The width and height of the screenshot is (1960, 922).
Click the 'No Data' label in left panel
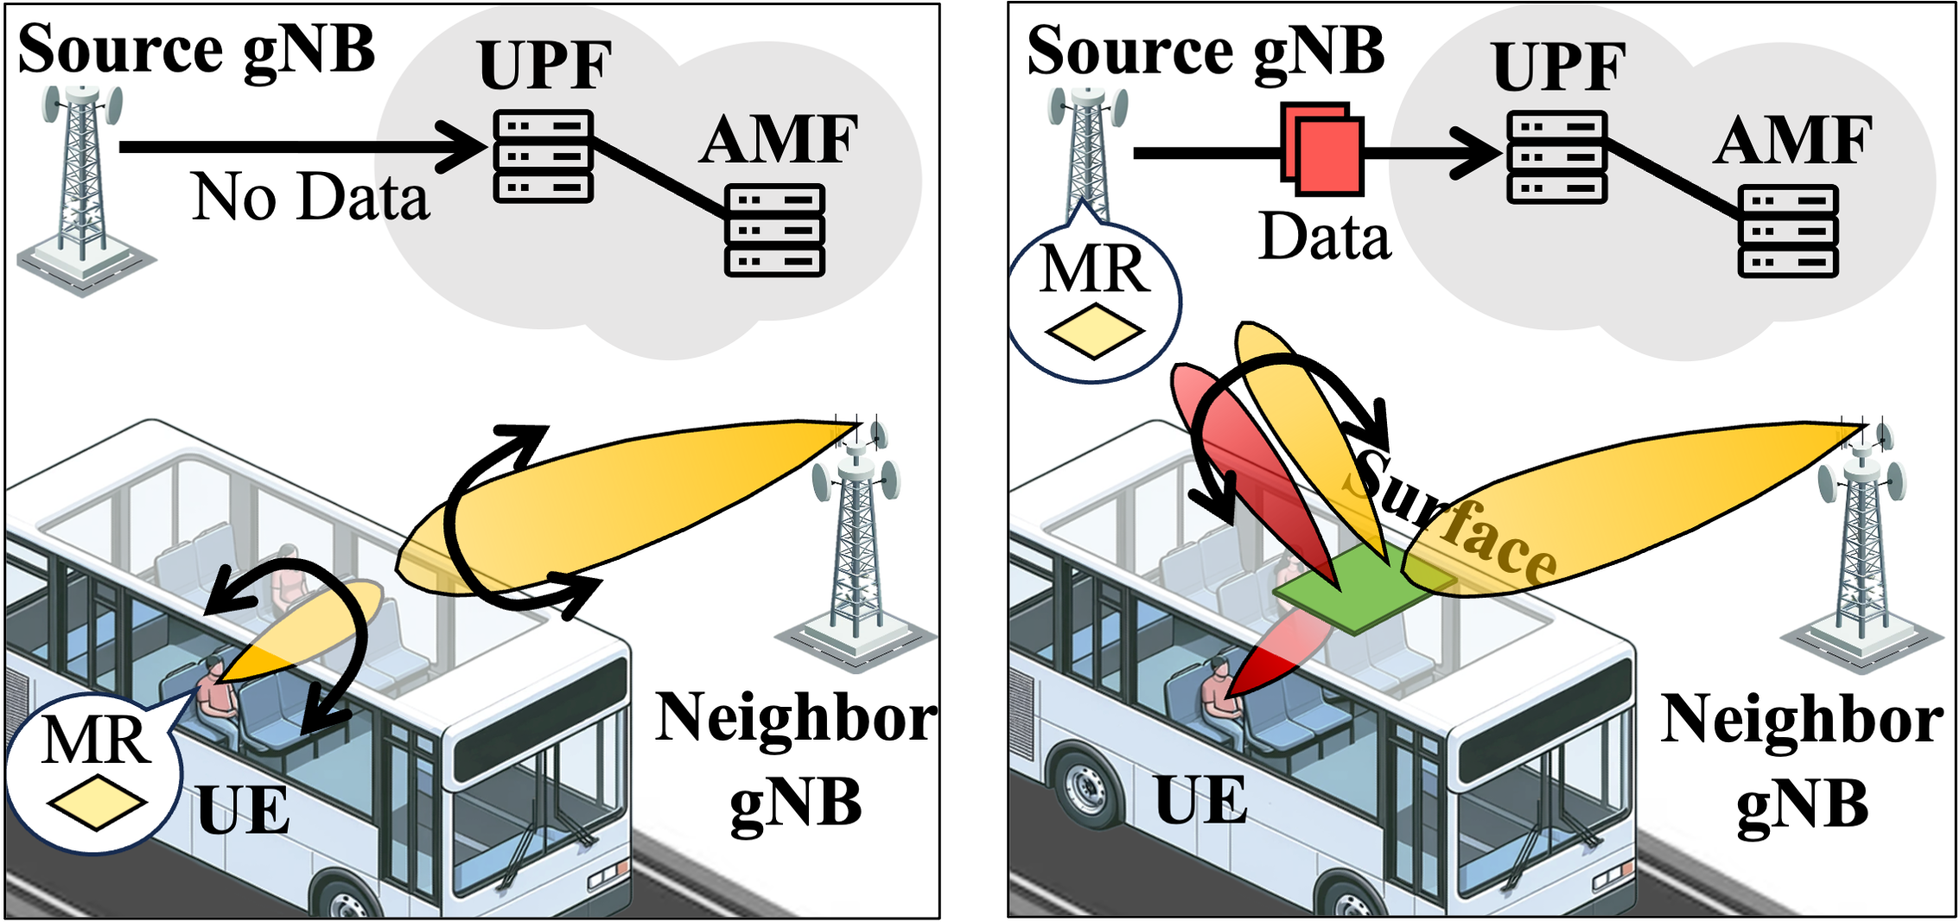(x=309, y=197)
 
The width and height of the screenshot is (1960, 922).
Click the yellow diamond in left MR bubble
(x=97, y=803)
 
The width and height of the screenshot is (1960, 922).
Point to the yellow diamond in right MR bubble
(x=1094, y=331)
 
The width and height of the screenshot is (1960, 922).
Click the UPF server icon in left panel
(x=543, y=156)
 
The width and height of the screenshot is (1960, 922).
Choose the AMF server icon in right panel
(x=1787, y=231)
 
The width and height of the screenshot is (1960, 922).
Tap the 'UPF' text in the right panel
(x=1558, y=66)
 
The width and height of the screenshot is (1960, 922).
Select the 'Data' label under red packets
(x=1324, y=236)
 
